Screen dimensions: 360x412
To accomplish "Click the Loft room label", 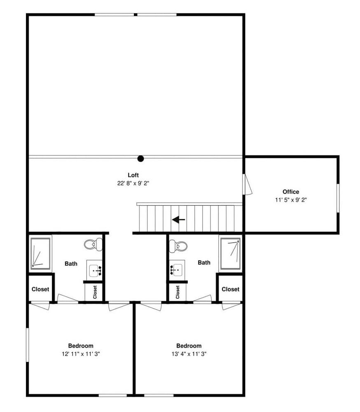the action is pos(133,175).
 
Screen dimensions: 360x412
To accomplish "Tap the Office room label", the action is pos(291,192).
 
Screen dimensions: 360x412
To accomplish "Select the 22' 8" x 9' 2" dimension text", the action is pos(133,183).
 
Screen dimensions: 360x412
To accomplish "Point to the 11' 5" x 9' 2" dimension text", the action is pos(291,200).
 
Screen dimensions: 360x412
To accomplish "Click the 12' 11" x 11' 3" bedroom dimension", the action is pos(81,354).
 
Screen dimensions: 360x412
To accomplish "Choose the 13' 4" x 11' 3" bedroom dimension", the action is pos(189,354).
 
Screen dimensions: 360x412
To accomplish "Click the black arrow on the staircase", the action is pos(178,220).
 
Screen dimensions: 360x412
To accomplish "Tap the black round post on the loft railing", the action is pos(140,159).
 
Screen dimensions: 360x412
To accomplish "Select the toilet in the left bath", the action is pos(93,244).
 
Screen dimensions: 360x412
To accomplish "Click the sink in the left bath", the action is pos(95,270).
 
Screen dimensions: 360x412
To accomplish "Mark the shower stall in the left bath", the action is pos(40,253).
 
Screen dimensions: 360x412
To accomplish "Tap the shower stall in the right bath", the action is pos(230,253).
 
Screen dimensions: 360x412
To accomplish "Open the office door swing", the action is pos(247,185).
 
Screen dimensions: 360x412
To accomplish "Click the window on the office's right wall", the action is pos(338,198).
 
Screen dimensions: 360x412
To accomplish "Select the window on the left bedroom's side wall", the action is pos(27,344).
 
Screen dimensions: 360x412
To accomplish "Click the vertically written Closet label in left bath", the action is pos(95,292).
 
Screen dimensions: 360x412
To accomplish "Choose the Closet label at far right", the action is pos(230,289).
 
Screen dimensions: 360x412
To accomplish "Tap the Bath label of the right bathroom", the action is pos(204,262).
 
